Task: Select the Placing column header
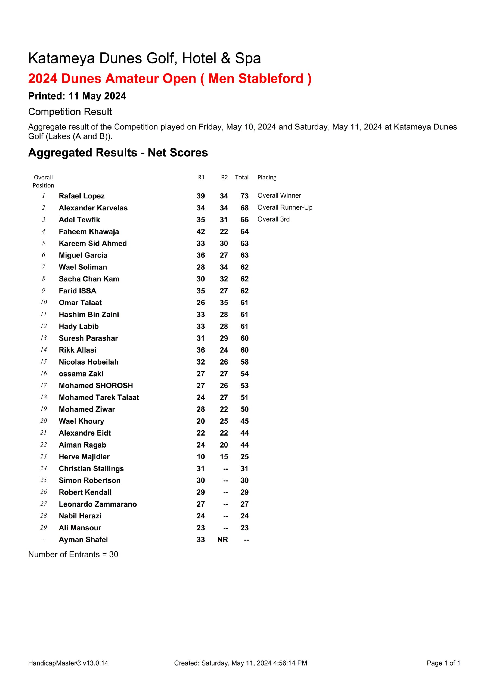[x=267, y=177]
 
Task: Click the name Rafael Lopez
[x=82, y=196]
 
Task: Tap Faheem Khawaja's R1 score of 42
[x=200, y=232]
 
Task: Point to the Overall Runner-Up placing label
[x=285, y=207]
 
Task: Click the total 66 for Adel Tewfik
[x=244, y=220]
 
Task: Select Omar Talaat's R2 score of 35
[x=224, y=303]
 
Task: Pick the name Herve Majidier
[x=84, y=456]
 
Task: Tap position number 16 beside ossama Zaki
[x=44, y=374]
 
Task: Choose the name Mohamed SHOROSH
[x=96, y=386]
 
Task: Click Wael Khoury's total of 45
[x=244, y=421]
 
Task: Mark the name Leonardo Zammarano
[x=98, y=504]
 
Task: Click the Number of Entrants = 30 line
[x=73, y=554]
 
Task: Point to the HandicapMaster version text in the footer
[x=68, y=663]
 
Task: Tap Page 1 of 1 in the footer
[x=443, y=663]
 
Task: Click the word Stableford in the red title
[x=271, y=79]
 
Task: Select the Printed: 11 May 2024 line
[x=77, y=96]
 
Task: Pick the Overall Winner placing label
[x=279, y=195]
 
